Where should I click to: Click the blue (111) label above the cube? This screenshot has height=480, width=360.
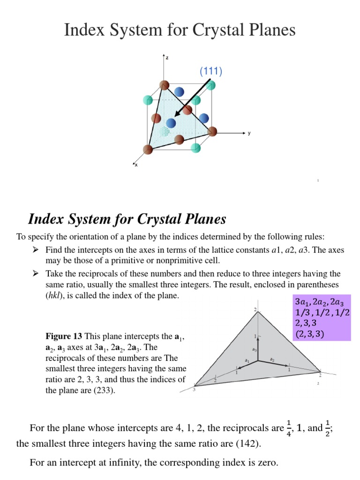point(210,71)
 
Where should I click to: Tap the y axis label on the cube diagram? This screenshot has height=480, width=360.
point(249,133)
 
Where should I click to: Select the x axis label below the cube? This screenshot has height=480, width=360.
point(136,165)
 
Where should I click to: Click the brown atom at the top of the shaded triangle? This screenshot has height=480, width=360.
point(164,85)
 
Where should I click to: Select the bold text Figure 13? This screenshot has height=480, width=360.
point(64,336)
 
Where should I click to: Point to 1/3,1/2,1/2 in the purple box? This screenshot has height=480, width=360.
point(322,312)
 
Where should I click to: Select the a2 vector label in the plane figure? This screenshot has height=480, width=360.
point(271,360)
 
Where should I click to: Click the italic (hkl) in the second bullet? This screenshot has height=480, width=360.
point(56,296)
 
